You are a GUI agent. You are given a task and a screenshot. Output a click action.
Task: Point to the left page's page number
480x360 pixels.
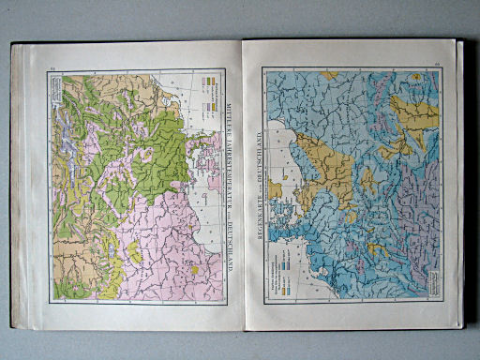tap(52, 65)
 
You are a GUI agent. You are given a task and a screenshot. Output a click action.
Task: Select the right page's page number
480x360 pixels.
tap(438, 64)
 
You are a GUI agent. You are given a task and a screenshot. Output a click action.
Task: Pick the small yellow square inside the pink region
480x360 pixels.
tap(195, 269)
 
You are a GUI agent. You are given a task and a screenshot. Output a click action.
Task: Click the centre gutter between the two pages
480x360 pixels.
tap(242, 187)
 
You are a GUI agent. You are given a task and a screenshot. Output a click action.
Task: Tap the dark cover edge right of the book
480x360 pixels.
tap(461, 187)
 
